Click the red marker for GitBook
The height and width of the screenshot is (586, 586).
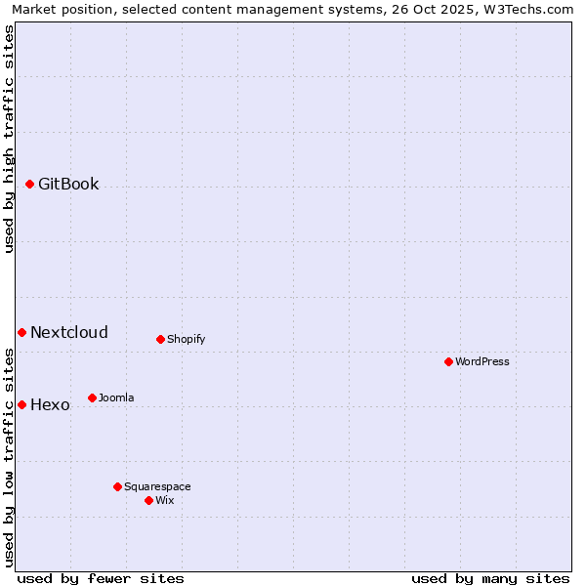tap(30, 184)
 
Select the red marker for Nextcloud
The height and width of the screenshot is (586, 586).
tap(21, 332)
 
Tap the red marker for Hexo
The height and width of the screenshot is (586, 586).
tap(21, 404)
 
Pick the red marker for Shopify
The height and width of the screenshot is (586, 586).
tap(160, 339)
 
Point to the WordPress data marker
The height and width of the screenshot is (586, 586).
tap(448, 361)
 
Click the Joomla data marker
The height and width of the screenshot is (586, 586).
tap(92, 398)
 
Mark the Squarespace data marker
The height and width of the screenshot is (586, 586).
tap(117, 486)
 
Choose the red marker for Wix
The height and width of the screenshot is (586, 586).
tap(148, 500)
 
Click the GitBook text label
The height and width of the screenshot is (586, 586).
tap(68, 184)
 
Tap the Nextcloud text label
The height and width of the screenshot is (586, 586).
tap(69, 332)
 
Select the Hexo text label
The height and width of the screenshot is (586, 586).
tap(50, 404)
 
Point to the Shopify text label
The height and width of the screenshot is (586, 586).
tap(186, 339)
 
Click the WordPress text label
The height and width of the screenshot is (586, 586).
tap(482, 361)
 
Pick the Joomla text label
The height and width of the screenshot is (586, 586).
tap(116, 398)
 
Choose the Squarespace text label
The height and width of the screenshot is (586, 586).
tap(157, 486)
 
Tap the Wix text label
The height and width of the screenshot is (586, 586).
tap(164, 500)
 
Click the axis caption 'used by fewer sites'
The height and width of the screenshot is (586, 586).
tap(101, 578)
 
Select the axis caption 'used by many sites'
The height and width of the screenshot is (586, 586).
tap(490, 578)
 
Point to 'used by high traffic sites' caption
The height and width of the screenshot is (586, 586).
tap(9, 139)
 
